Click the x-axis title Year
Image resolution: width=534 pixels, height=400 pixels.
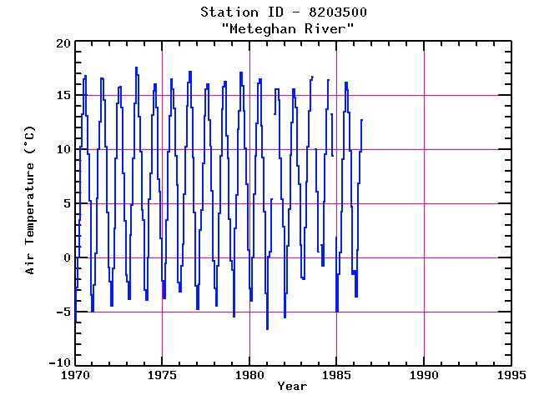point(292,386)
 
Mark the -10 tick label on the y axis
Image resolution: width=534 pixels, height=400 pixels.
point(57,365)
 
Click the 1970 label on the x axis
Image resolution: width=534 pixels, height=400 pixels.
point(75,375)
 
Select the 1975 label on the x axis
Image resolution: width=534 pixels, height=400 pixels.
point(162,375)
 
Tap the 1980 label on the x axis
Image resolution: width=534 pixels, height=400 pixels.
point(249,375)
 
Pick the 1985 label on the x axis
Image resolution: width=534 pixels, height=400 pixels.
point(336,375)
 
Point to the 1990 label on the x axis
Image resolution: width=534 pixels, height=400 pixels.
point(424,375)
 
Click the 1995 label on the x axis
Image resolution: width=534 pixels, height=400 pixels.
point(511,375)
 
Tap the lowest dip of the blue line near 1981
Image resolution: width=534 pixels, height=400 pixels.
point(268,329)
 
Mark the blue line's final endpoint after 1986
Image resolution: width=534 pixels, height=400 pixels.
point(362,120)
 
